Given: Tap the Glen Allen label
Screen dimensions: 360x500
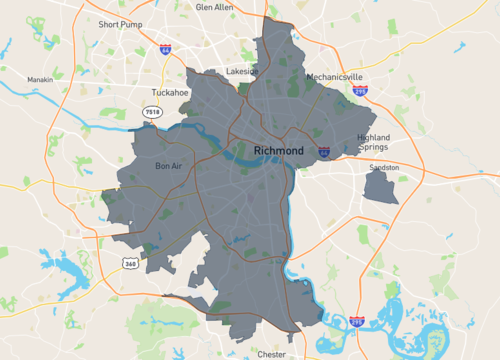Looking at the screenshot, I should [215, 7].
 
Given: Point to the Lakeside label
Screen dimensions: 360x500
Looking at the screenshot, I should [242, 72].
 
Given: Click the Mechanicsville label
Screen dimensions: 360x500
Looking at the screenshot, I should [335, 77].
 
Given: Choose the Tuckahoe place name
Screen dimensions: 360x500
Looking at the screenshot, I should [163, 92].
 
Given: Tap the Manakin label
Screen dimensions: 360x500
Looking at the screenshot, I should [40, 79].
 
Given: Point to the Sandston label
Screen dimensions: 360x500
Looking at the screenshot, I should [384, 167].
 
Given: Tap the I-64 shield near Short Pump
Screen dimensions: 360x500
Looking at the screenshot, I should [164, 48].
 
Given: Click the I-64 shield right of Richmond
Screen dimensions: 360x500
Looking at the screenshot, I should [325, 152].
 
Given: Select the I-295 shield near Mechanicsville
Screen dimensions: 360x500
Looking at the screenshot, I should [360, 90].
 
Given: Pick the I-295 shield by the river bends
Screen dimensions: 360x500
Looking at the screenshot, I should [357, 321].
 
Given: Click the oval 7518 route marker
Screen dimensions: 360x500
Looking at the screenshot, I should [152, 112].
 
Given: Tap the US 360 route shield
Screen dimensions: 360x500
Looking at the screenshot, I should [130, 262].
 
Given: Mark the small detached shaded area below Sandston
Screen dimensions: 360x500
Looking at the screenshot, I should [381, 187].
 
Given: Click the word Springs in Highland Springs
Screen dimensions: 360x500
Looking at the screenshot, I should [374, 148].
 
